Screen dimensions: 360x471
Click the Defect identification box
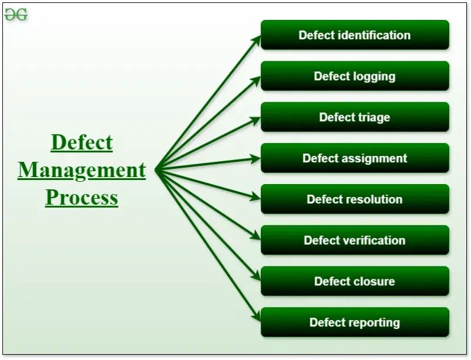tap(354, 35)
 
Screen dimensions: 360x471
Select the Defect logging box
tap(354, 76)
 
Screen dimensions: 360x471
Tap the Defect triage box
tap(354, 117)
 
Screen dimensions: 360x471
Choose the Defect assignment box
tap(354, 158)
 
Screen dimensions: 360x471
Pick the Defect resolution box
tap(354, 199)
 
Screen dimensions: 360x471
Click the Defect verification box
tap(354, 240)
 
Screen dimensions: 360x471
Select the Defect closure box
tap(354, 281)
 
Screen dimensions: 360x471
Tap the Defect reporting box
tap(354, 322)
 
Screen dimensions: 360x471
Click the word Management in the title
tap(81, 171)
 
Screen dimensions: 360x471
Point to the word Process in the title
tap(81, 198)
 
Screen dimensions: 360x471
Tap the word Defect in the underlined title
tap(81, 143)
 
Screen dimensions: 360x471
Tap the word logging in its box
tap(374, 76)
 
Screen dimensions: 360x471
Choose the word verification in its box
tap(374, 240)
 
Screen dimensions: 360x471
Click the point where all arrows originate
tap(156, 169)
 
